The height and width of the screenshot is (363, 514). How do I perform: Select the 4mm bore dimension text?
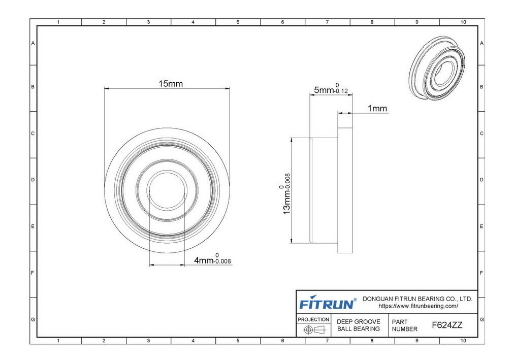[212, 259]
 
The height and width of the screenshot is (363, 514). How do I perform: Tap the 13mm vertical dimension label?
[285, 193]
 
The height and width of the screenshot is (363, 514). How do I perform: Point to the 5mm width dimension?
[331, 88]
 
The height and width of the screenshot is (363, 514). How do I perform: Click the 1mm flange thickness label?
[377, 108]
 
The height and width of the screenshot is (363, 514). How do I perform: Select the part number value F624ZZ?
[447, 325]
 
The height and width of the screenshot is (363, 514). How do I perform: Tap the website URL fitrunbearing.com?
[419, 306]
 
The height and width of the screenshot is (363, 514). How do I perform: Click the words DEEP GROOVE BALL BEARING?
[358, 325]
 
